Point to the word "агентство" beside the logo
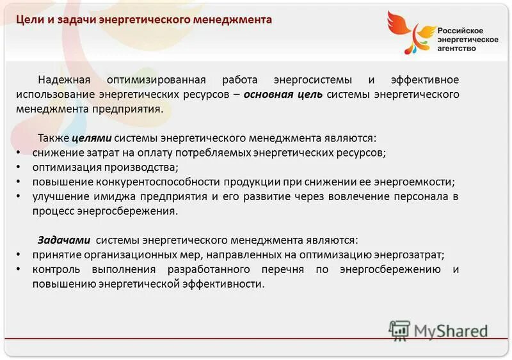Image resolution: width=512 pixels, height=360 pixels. point(457,48)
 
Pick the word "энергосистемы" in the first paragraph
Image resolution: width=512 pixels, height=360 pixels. point(313,80)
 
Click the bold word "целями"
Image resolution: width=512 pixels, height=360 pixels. point(92,138)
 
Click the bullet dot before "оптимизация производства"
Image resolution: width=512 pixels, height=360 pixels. point(18,168)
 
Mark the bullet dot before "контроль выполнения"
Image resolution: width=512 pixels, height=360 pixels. point(18,270)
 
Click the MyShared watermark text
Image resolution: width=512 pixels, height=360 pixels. point(450,331)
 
